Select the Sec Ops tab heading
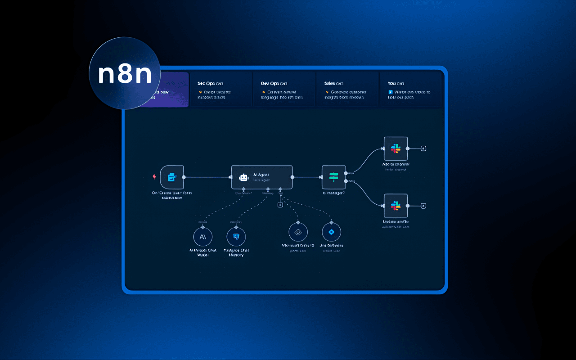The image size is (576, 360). click(x=210, y=83)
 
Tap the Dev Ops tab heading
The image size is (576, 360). click(x=274, y=83)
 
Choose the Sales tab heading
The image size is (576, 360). click(x=333, y=83)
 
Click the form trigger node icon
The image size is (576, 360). click(x=171, y=177)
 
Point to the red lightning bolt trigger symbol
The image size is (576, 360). click(x=156, y=177)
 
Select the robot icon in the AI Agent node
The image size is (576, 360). click(x=243, y=177)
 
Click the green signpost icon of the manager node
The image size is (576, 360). click(x=333, y=177)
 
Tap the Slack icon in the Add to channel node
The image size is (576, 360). click(x=396, y=148)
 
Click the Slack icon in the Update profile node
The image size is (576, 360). click(x=396, y=206)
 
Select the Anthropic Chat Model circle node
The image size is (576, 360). click(x=202, y=236)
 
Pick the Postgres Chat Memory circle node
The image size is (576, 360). click(x=236, y=236)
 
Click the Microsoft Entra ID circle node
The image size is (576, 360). click(x=298, y=232)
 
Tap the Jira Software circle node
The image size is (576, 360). click(x=332, y=232)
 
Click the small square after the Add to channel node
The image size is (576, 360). click(x=423, y=148)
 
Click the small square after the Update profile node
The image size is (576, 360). click(x=423, y=206)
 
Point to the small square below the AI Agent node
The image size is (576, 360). click(x=280, y=205)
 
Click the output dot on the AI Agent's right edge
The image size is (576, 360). click(x=292, y=177)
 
